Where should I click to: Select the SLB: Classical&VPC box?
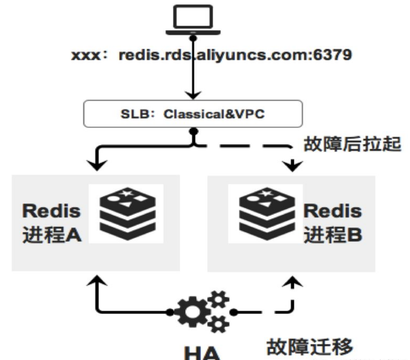point(193,115)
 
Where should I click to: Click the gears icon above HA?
point(203,311)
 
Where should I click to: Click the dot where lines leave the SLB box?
point(193,131)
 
